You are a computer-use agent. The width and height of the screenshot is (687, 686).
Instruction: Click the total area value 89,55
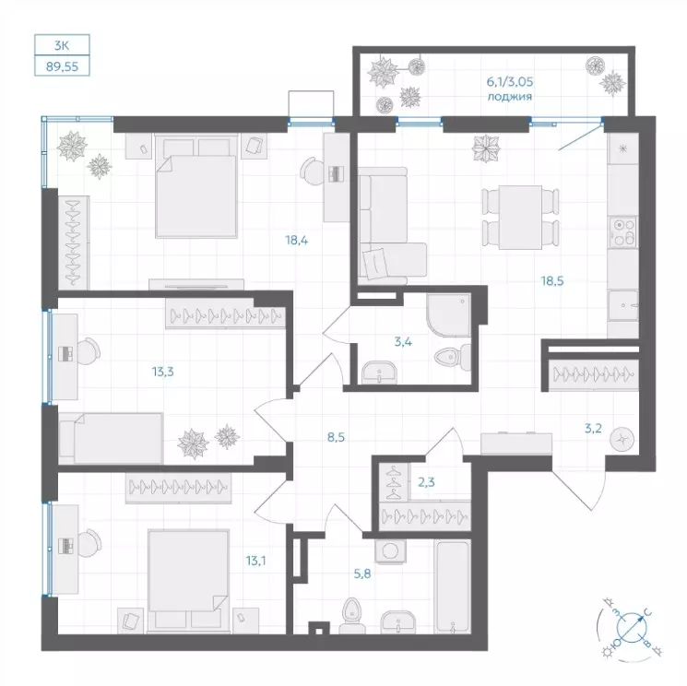click(62, 66)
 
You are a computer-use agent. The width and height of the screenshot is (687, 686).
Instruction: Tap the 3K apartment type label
click(62, 45)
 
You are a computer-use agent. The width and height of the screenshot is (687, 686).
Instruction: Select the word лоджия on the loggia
click(510, 97)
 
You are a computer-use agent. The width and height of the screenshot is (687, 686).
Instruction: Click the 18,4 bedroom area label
click(297, 240)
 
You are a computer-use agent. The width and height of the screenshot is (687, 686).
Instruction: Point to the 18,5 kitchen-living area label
click(552, 281)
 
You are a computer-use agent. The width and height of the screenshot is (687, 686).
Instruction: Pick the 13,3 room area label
click(162, 372)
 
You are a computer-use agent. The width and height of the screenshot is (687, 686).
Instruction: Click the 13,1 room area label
click(255, 561)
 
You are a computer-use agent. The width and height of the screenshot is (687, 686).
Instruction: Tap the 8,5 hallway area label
click(336, 437)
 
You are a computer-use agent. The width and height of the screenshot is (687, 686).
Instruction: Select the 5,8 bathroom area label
click(362, 573)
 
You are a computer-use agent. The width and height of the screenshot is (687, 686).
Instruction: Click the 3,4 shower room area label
click(403, 341)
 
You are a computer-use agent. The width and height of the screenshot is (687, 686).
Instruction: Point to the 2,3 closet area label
click(426, 482)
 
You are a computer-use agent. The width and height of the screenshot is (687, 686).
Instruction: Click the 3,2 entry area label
click(593, 429)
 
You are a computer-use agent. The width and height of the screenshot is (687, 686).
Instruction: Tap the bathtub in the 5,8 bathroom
click(452, 586)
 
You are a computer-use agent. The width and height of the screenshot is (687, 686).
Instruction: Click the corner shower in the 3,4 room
click(448, 315)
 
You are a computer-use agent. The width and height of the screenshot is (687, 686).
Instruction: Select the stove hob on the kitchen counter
click(624, 231)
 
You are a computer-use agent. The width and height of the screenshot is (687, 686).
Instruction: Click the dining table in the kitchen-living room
click(520, 218)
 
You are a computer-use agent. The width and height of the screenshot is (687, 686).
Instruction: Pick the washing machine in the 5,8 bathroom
click(390, 550)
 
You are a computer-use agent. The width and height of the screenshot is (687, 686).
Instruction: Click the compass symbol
click(632, 627)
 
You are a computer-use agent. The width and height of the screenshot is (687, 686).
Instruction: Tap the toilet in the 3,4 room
click(453, 357)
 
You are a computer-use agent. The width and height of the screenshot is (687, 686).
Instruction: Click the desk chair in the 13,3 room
click(89, 351)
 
